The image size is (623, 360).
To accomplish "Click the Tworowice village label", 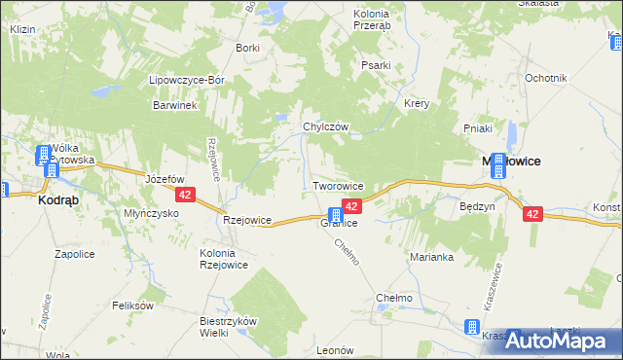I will (x=338, y=185).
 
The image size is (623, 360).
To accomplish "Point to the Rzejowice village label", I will (x=246, y=220).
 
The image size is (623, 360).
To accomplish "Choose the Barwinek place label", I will (x=175, y=106).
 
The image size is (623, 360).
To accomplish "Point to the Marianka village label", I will (x=432, y=257).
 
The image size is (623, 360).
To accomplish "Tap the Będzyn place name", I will (x=478, y=206).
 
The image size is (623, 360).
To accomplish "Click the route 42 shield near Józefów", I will (x=188, y=195).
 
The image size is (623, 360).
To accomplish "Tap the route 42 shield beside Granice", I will (x=352, y=206).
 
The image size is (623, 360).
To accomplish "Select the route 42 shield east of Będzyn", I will (x=531, y=214).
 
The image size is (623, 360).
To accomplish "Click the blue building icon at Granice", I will (x=335, y=214).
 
